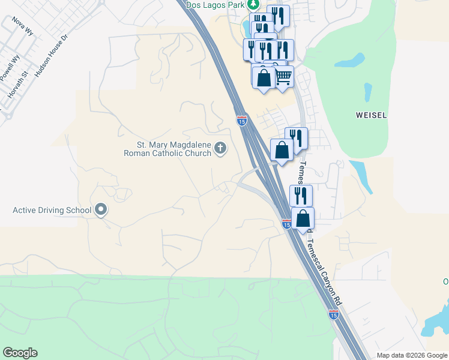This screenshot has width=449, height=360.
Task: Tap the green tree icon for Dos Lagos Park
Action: click(254, 5)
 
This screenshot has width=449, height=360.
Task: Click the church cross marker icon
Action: click(221, 148)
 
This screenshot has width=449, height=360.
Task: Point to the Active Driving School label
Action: click(52, 210)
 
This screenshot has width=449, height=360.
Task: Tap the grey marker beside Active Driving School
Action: click(101, 210)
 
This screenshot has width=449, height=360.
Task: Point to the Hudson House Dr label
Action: click(52, 55)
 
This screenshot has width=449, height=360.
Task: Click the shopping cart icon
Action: click(283, 77)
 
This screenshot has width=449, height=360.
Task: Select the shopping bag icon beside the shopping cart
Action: click(264, 78)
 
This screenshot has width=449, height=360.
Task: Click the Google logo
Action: click(20, 353)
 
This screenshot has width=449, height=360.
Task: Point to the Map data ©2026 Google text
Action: click(411, 355)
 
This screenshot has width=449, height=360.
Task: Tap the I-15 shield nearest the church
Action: click(242, 121)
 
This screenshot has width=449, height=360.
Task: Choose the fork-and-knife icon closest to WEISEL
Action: click(296, 138)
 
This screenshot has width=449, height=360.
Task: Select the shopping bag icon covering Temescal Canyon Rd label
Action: click(303, 218)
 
